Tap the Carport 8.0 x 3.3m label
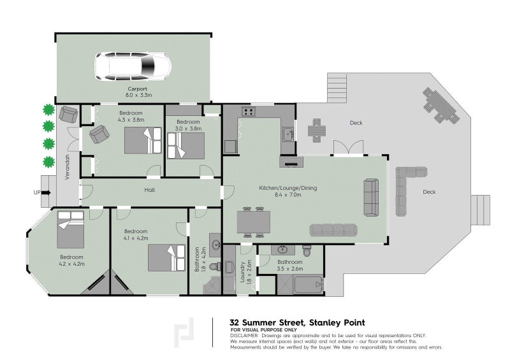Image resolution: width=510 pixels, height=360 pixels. [138, 92]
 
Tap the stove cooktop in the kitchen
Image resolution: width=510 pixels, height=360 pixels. [248, 113]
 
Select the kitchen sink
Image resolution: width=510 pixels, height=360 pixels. [288, 134]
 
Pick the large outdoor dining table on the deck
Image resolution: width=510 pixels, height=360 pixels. [441, 105]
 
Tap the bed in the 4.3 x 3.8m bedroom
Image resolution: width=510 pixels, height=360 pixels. [143, 140]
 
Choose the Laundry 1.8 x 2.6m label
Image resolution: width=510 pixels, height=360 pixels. [248, 271]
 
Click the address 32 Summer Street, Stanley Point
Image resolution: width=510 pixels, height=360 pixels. [296, 322]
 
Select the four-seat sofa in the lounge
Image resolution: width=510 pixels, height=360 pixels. [335, 230]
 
